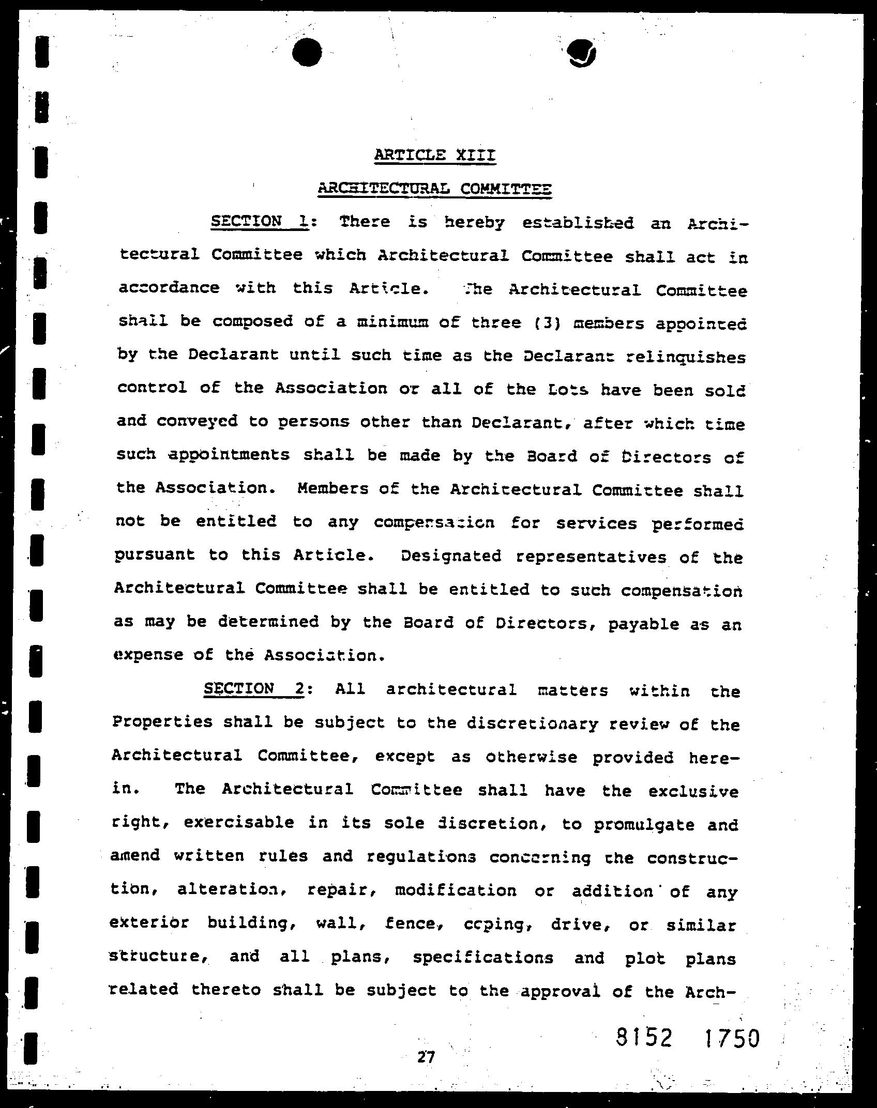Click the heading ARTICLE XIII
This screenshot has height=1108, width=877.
[x=435, y=155]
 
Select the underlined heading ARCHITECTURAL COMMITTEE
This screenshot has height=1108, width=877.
[x=435, y=189]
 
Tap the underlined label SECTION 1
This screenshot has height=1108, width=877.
[x=260, y=222]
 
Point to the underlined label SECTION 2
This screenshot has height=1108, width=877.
[x=253, y=689]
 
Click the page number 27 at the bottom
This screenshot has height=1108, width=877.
[x=426, y=1057]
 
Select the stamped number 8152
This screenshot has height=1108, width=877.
[x=644, y=1037]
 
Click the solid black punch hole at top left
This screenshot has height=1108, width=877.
[x=307, y=52]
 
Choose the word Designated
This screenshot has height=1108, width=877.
[x=451, y=556]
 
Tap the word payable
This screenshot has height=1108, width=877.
[x=643, y=624]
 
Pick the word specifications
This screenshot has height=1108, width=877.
[x=483, y=958]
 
